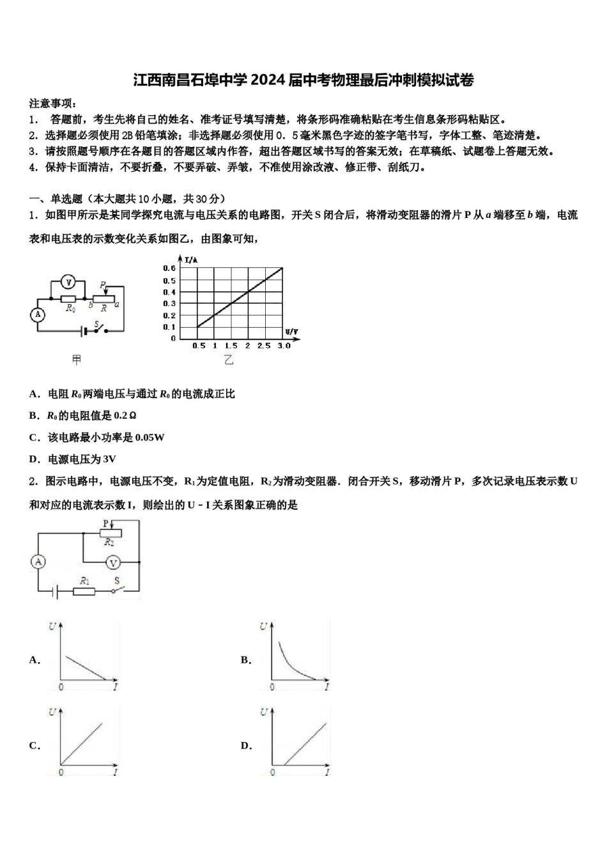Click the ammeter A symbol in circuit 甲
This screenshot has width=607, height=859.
[38, 314]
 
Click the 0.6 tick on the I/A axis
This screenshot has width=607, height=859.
[169, 269]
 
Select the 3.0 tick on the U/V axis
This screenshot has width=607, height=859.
[284, 346]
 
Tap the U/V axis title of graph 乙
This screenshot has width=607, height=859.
[291, 332]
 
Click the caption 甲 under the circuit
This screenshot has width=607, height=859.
[77, 360]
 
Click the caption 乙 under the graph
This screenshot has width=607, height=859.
[229, 360]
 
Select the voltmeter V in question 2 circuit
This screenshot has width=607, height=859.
[113, 562]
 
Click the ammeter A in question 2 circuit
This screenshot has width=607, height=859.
[38, 562]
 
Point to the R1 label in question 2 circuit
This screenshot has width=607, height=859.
[84, 580]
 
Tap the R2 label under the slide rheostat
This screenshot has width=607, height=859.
[109, 542]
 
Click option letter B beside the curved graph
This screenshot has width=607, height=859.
[245, 660]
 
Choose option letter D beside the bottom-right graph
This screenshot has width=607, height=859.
[245, 745]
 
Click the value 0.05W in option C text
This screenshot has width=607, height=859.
[150, 438]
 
